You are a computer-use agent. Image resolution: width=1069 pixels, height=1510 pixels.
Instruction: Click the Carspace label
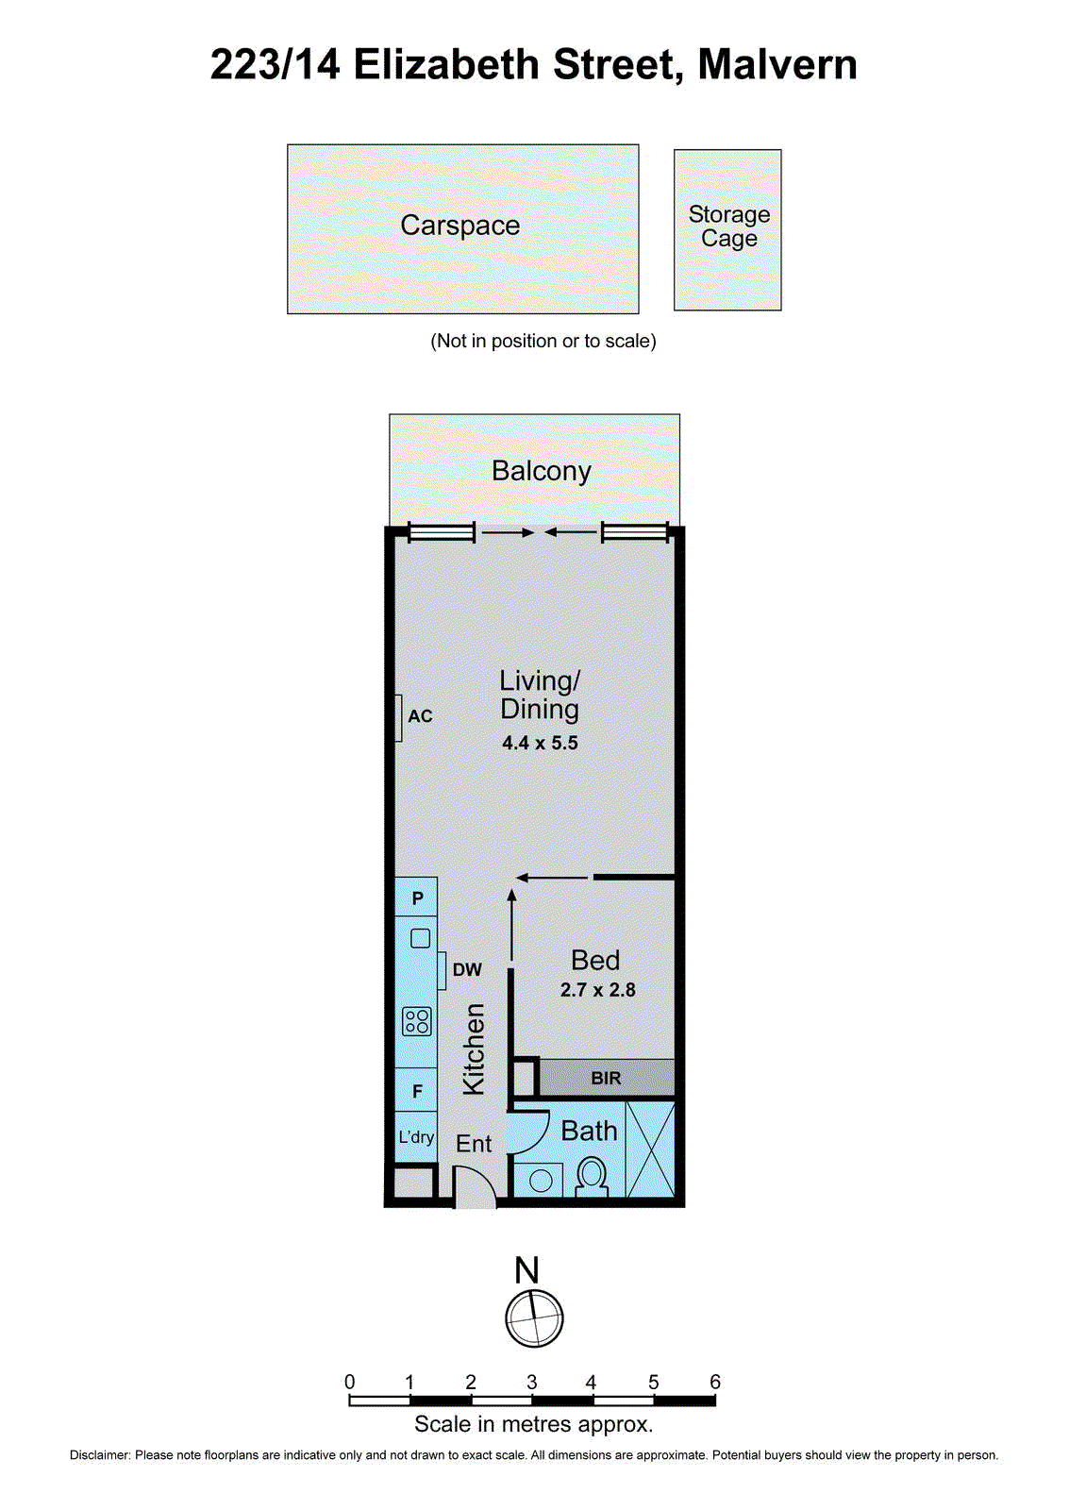tap(460, 226)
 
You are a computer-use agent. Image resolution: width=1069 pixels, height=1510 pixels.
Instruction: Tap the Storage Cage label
tap(728, 226)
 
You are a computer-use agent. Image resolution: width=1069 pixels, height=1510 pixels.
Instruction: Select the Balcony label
tap(541, 471)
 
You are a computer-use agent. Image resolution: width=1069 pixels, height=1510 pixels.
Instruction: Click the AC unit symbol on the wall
tap(399, 717)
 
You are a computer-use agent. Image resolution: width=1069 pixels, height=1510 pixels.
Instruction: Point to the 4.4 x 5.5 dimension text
tap(540, 744)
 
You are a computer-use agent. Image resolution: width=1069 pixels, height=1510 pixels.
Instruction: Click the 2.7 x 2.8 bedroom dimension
tap(597, 990)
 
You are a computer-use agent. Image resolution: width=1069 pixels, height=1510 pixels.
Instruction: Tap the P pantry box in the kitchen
tap(417, 898)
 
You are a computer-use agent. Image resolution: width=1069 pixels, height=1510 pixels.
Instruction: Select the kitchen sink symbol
tap(421, 938)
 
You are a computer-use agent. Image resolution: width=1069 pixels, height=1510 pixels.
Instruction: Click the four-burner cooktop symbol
tap(417, 1021)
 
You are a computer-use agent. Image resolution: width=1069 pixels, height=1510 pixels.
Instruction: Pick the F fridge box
tap(417, 1092)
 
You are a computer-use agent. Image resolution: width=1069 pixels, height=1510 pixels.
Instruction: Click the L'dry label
tap(416, 1137)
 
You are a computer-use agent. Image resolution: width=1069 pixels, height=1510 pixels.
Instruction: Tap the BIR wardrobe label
tap(606, 1078)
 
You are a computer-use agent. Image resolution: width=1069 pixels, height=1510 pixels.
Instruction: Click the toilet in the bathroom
tap(592, 1176)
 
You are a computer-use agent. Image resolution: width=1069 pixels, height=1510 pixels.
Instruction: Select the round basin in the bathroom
tap(541, 1180)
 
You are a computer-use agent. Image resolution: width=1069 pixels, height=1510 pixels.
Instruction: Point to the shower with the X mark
tap(651, 1149)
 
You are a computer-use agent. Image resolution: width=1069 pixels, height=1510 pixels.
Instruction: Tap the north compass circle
tap(534, 1317)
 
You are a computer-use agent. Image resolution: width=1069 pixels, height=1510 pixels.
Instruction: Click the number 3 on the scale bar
tap(531, 1383)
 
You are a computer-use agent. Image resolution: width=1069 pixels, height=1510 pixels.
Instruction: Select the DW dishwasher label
tap(467, 970)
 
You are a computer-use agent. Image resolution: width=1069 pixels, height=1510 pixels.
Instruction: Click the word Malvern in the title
tap(777, 65)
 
